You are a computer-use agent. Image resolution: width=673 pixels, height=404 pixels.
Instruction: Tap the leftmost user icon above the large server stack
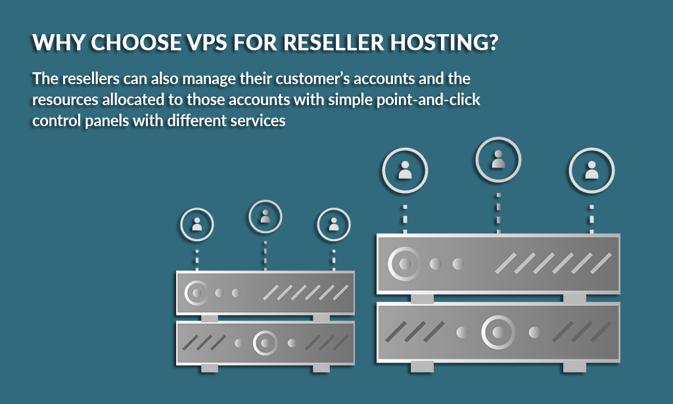coord(405,171)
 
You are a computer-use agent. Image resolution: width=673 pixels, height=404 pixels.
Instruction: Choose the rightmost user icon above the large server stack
coord(592,171)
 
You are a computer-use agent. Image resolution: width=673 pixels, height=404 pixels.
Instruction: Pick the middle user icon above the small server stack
coord(265,217)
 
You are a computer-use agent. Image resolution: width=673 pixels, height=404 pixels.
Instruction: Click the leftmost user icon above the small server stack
coord(197,225)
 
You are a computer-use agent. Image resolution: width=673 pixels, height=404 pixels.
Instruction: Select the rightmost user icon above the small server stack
coord(333,225)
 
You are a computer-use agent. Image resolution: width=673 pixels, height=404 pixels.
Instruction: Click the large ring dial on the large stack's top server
coord(402,264)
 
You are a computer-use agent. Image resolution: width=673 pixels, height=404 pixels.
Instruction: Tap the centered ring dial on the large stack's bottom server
coord(497,332)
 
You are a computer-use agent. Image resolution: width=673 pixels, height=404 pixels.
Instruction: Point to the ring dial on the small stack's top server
coord(196,292)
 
